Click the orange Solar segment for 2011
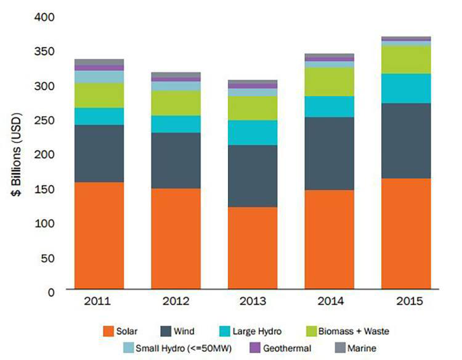coord(99,235)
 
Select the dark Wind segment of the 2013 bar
coord(253,176)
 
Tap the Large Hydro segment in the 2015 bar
coord(406,88)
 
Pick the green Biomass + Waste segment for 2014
coord(330,81)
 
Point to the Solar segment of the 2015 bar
coord(406,234)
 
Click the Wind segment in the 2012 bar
coord(176,160)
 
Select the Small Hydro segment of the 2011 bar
coord(99,76)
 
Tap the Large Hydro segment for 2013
coord(253,133)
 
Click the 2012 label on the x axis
coord(176,303)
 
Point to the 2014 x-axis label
coord(330,303)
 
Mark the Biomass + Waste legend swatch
coord(312,331)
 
